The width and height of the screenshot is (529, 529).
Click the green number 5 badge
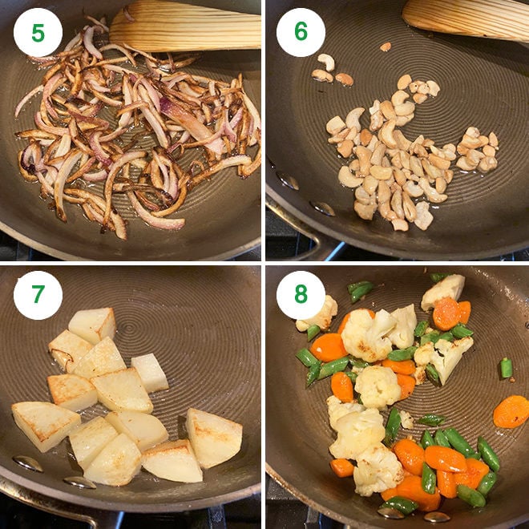[38, 33]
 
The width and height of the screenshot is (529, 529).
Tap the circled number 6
[301, 33]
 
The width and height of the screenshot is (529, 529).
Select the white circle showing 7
[38, 295]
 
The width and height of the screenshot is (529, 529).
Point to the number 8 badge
[301, 295]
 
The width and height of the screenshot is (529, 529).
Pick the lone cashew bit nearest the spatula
[386, 46]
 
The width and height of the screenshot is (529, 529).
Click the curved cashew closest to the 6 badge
[326, 61]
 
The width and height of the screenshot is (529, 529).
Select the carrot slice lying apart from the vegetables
[511, 411]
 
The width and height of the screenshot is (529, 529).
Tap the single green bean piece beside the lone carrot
[506, 368]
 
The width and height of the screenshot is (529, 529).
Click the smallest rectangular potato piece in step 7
[150, 373]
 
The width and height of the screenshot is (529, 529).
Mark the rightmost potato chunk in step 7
[214, 438]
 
